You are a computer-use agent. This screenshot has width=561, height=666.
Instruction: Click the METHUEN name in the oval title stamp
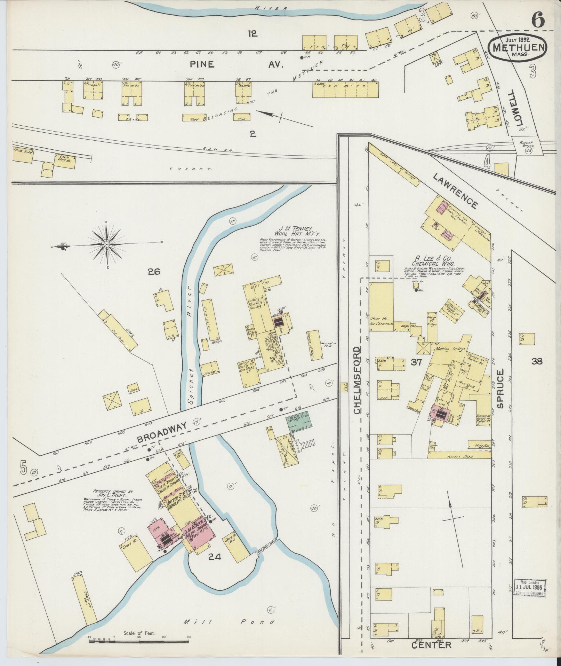pos(517,47)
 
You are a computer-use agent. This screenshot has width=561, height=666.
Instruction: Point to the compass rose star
pos(107,245)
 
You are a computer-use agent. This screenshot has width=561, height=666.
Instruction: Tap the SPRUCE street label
pos(500,389)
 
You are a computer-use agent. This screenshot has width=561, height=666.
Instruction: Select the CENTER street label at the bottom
pos(431,645)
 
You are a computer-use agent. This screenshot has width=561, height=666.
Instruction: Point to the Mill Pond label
pos(229,621)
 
